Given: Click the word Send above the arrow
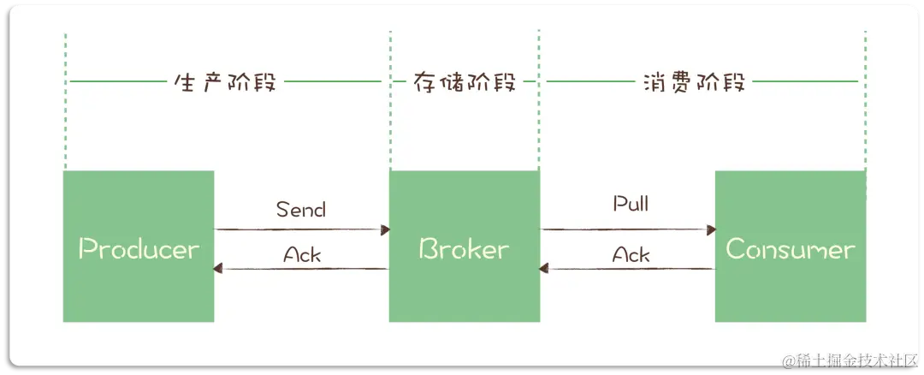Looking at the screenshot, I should [x=301, y=209].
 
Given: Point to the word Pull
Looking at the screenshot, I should [x=631, y=205].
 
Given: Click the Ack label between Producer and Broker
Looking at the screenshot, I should [x=302, y=254].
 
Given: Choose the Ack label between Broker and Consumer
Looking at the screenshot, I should [x=631, y=254].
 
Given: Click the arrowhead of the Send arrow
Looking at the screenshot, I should [x=385, y=229].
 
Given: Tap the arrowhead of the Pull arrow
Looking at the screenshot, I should [x=710, y=229].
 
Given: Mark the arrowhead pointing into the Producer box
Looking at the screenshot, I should [x=219, y=269].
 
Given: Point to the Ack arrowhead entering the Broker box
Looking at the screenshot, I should [x=544, y=269].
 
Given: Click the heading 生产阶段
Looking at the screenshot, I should [x=225, y=83].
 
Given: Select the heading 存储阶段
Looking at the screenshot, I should [x=465, y=83].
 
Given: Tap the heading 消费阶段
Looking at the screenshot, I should [x=694, y=83].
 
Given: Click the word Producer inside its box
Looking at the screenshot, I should [x=139, y=249].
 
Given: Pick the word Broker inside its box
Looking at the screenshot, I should [x=464, y=249].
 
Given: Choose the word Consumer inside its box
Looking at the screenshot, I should [x=790, y=249].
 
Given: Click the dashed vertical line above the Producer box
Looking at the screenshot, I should [x=65, y=120].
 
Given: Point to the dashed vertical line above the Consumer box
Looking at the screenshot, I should [x=865, y=120].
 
